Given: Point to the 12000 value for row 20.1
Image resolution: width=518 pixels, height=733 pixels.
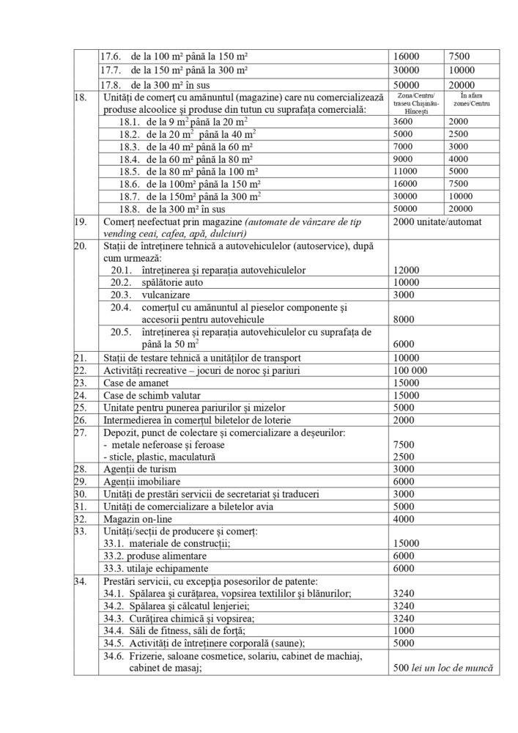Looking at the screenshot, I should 407,270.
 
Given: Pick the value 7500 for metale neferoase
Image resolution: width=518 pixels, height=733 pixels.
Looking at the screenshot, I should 404,445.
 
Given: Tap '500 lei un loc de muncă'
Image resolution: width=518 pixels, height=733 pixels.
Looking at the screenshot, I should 441,668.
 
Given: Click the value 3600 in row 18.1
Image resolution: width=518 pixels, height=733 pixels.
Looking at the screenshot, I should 404,121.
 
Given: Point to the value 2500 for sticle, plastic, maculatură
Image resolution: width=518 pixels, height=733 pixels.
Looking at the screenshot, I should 404,456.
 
